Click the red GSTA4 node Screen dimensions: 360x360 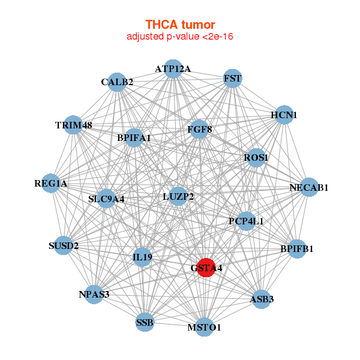click(x=206, y=268)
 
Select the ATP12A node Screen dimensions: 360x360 click(x=173, y=68)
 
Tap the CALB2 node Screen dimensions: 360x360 click(x=117, y=82)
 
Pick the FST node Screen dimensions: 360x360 click(x=232, y=79)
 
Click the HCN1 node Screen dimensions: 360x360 click(x=284, y=115)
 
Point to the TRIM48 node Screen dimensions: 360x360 click(x=73, y=125)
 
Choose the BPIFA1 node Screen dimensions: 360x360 click(x=134, y=137)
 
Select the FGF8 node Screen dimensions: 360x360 click(x=199, y=129)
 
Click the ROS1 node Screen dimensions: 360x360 click(x=256, y=157)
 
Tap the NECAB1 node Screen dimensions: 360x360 click(x=308, y=187)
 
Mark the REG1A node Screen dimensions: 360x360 click(x=50, y=183)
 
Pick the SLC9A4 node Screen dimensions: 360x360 click(x=106, y=198)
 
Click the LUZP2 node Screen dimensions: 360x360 click(x=178, y=196)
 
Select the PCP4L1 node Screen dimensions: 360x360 click(x=246, y=221)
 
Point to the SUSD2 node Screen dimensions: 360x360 click(x=64, y=245)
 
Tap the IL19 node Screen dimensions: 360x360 click(x=143, y=257)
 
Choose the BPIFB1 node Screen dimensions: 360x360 click(x=297, y=248)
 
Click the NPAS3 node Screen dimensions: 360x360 click(x=94, y=294)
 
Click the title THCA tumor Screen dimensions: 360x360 click(x=180, y=25)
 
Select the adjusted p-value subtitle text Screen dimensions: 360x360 click(x=180, y=37)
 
